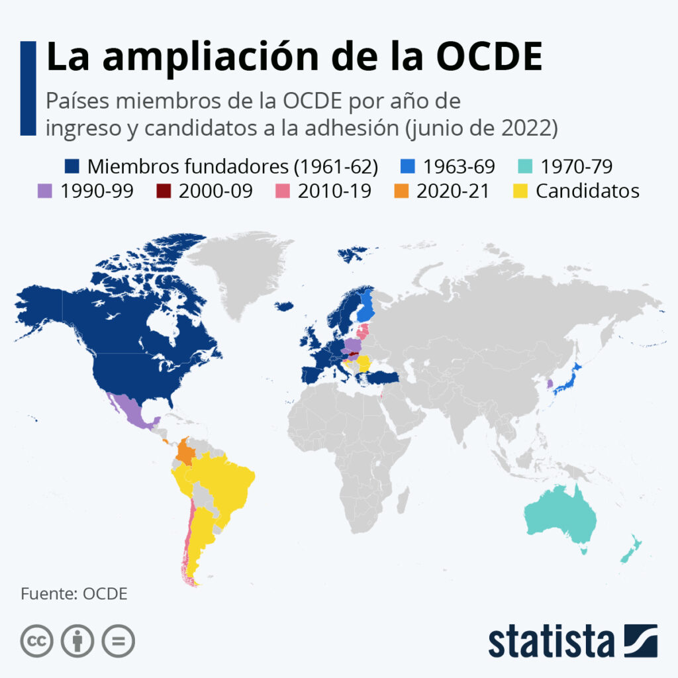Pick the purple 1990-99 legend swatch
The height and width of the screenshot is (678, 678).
coord(45,191)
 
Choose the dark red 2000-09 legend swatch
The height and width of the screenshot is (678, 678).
coord(164,191)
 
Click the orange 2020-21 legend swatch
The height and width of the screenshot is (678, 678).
coord(401,191)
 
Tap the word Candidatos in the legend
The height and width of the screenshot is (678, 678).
coord(587,191)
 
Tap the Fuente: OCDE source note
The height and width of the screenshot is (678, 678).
coord(73,593)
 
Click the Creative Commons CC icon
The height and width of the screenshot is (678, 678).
coord(37,641)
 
